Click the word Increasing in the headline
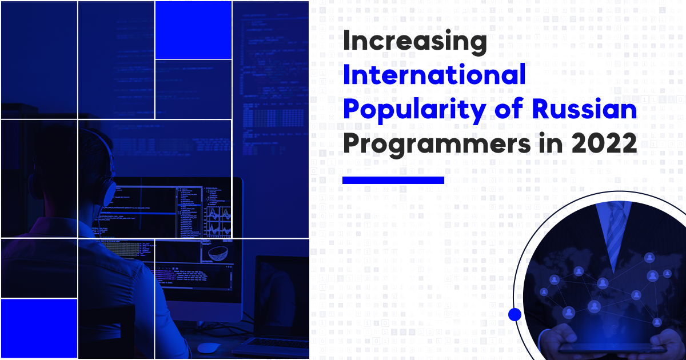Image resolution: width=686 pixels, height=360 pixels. click(414, 43)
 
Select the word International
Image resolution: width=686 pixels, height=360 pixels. click(434, 76)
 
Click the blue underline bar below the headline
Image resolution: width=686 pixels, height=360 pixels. click(393, 180)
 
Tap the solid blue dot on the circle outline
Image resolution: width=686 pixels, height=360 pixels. click(514, 314)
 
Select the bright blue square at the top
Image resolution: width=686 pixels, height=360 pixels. click(193, 30)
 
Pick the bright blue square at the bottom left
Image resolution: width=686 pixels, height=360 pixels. click(39, 328)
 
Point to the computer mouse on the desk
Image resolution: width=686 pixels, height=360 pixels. click(207, 347)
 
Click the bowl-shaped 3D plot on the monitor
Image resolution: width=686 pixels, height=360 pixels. click(218, 251)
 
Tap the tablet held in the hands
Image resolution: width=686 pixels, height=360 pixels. click(612, 348)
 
